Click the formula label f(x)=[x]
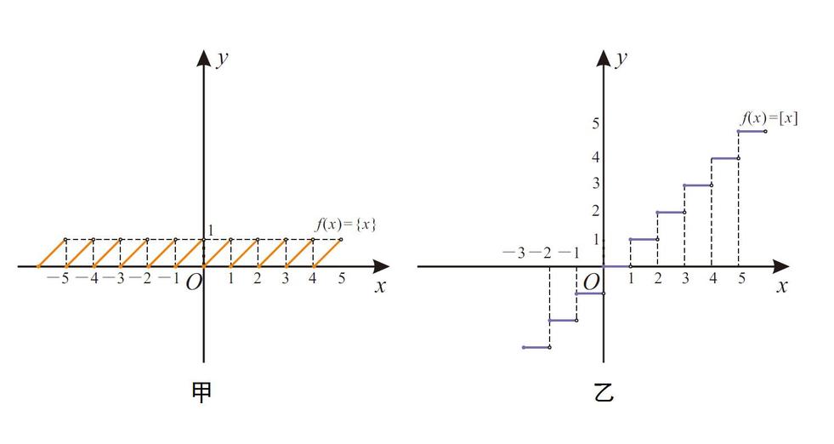tap(769, 117)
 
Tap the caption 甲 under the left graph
tap(201, 392)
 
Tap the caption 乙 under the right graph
tap(604, 392)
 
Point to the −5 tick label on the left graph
tap(59, 278)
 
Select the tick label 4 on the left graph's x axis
tap(312, 278)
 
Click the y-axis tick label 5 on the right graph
tap(596, 123)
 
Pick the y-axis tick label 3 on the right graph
tap(596, 183)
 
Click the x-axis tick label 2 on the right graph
tap(658, 278)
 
